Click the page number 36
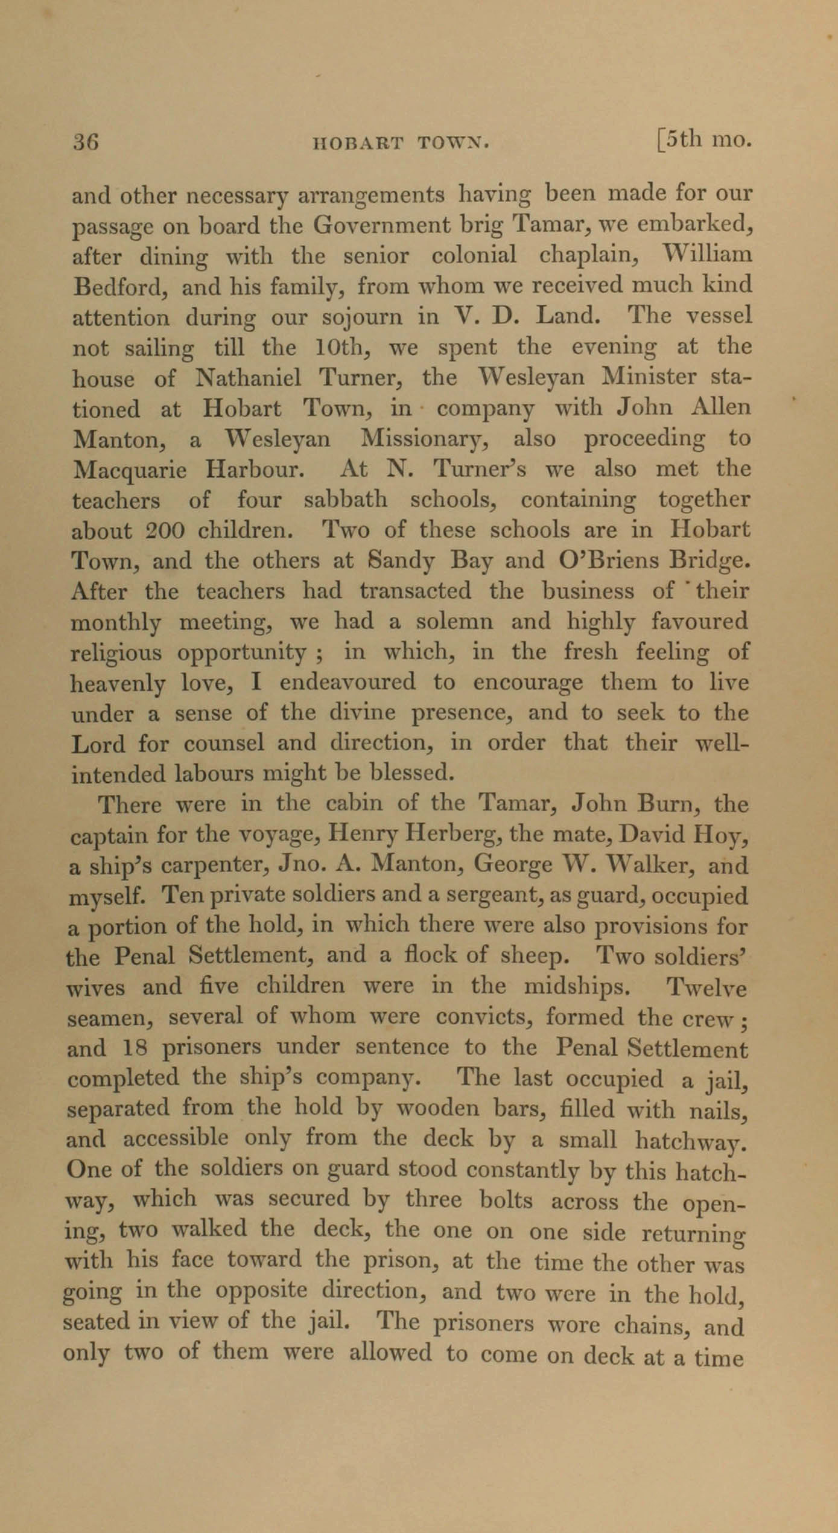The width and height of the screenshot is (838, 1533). point(85,142)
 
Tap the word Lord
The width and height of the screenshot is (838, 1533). point(98,744)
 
